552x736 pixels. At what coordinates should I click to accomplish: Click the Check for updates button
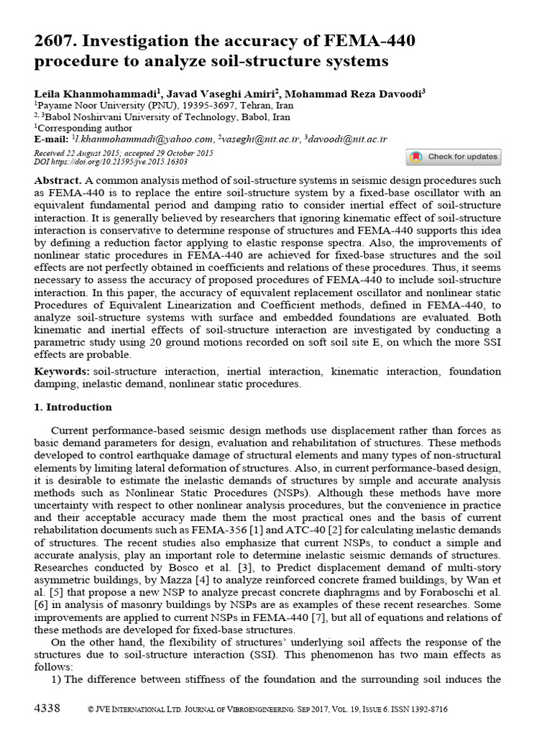454,157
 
